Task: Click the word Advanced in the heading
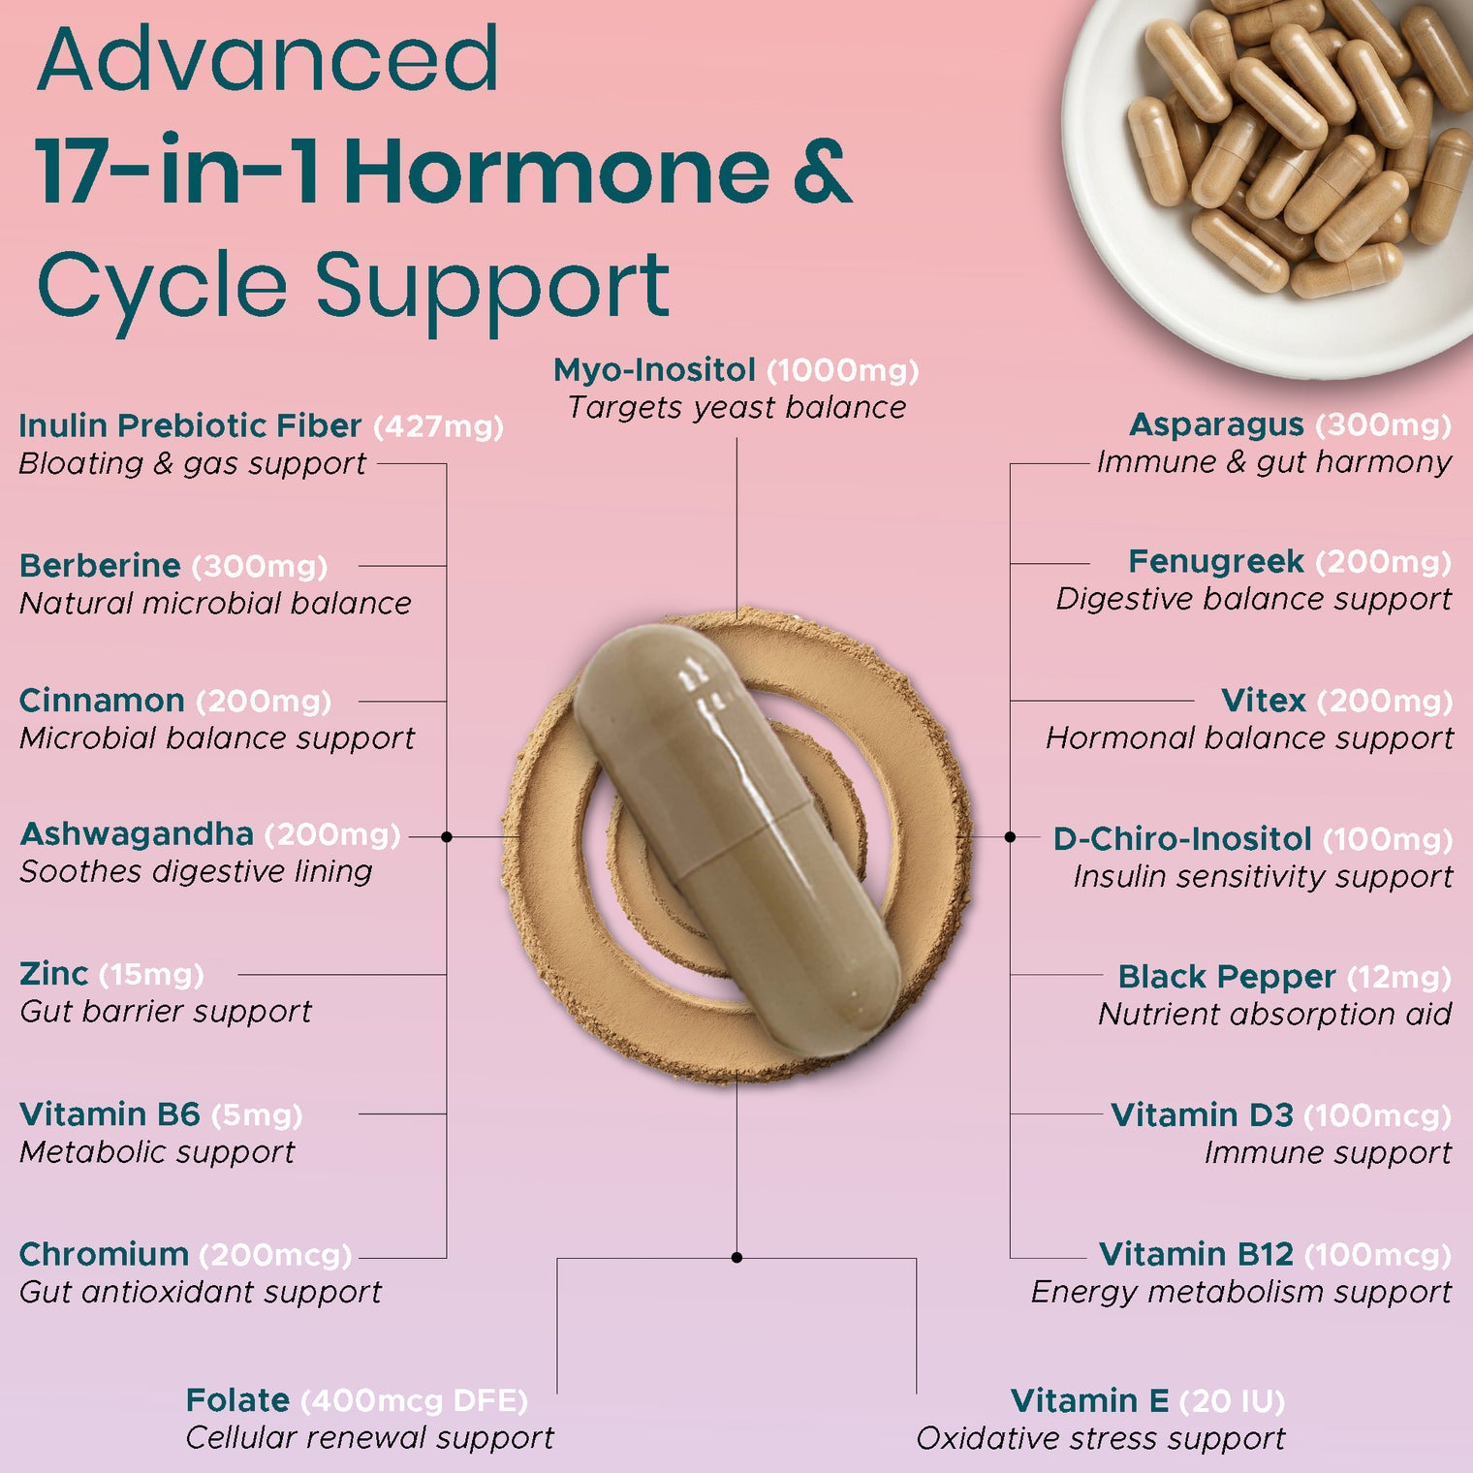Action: [x=268, y=60]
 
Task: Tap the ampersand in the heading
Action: [x=823, y=172]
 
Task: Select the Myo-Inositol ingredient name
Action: [x=654, y=370]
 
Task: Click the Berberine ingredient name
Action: [x=100, y=566]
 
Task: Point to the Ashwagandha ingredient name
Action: [x=137, y=834]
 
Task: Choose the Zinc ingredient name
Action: [x=53, y=974]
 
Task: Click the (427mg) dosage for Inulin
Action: [x=439, y=426]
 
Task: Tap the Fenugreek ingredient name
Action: [x=1216, y=562]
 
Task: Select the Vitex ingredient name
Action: [x=1264, y=701]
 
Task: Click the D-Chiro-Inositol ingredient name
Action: [x=1181, y=839]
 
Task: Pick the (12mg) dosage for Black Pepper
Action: [x=1399, y=978]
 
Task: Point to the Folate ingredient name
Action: [x=237, y=1401]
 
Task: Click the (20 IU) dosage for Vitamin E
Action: [x=1233, y=1401]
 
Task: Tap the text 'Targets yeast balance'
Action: [x=736, y=408]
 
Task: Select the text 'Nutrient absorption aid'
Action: [x=1274, y=1015]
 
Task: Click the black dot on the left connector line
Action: [x=447, y=836]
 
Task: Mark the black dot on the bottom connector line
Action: [x=736, y=1258]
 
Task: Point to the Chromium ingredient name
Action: [x=104, y=1255]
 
